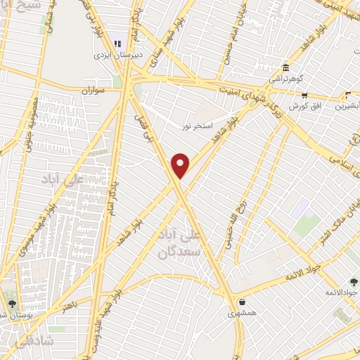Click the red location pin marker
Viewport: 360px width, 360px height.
(181, 165)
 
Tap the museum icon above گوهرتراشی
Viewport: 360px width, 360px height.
(285, 68)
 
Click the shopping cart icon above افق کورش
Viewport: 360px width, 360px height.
(304, 96)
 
